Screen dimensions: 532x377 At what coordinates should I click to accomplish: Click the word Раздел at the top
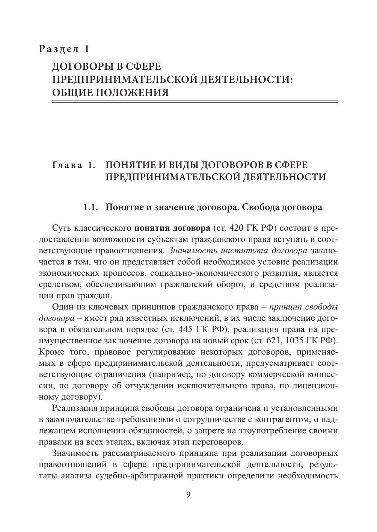click(59, 49)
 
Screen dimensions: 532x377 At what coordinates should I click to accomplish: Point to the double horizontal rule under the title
click(195, 102)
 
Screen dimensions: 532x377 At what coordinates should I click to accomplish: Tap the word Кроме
click(50, 352)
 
